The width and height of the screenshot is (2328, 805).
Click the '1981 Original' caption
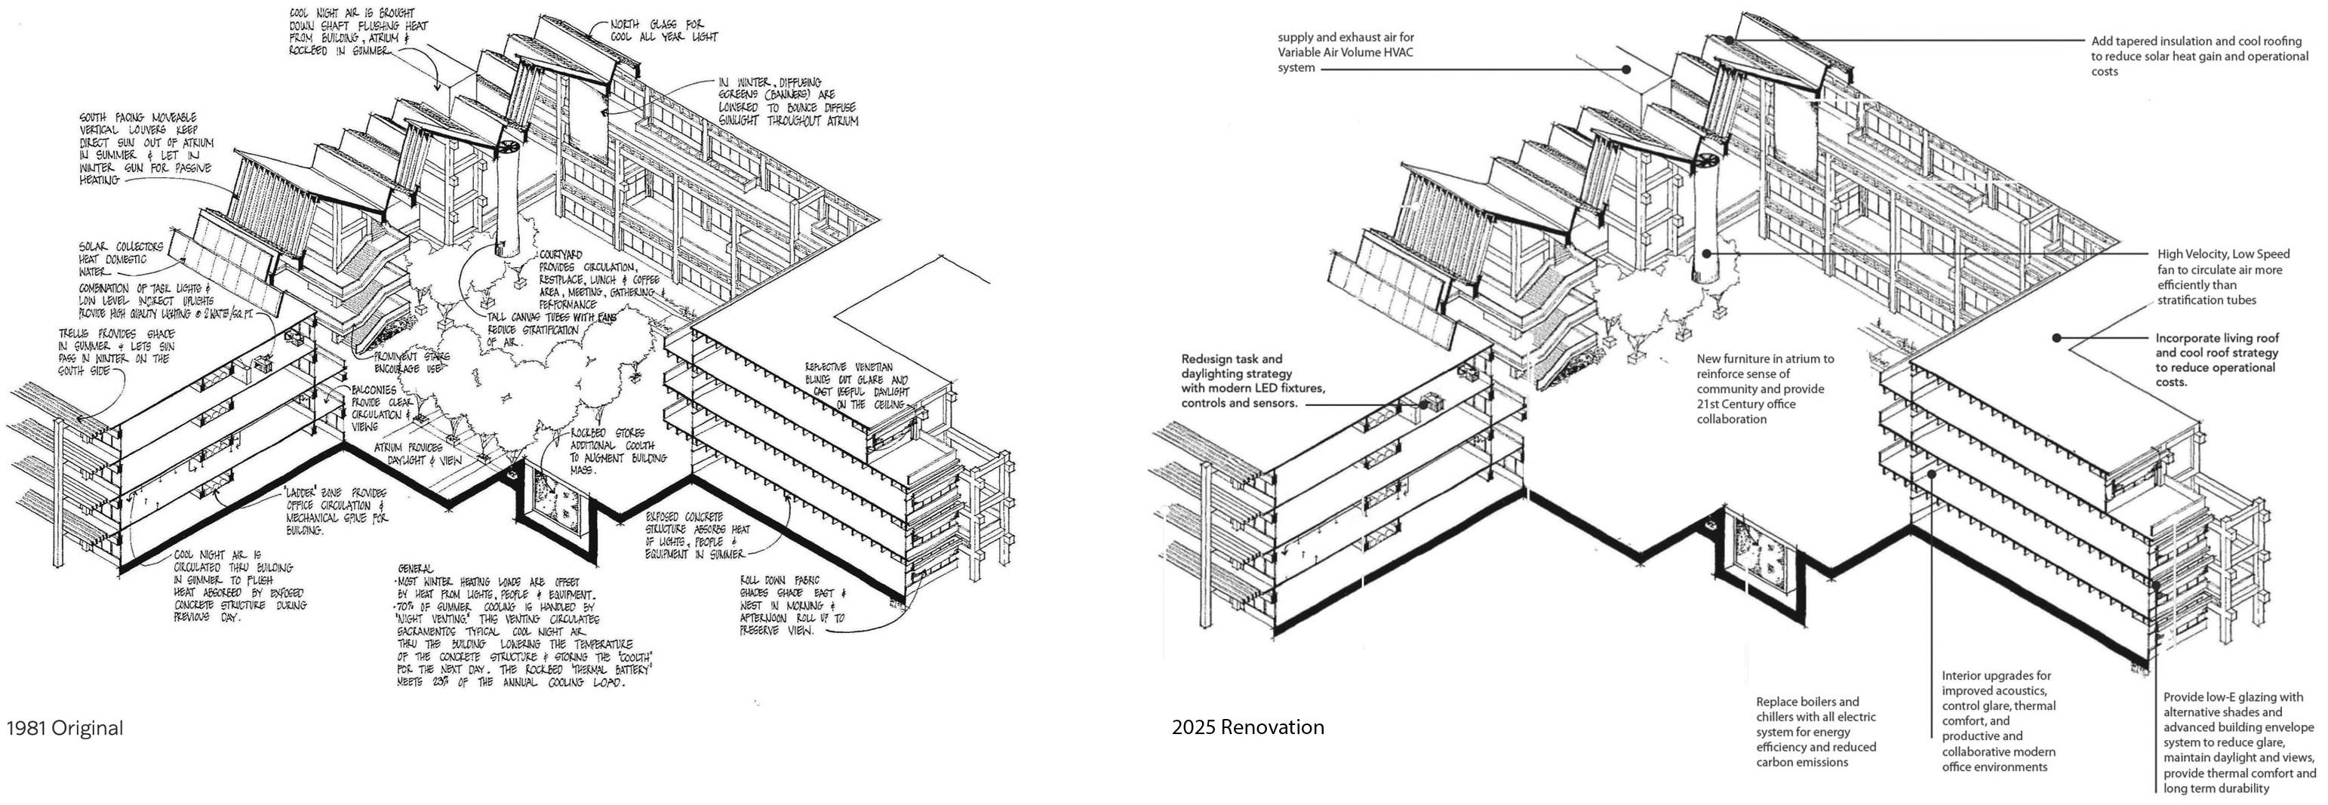click(64, 728)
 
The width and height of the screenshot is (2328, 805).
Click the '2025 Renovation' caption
click(1247, 727)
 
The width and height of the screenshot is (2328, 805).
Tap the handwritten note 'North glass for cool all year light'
click(663, 31)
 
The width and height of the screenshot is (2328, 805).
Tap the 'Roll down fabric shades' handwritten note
click(792, 605)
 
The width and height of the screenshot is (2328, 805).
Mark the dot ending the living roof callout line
click(2056, 338)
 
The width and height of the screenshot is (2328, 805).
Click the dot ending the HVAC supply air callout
click(1625, 69)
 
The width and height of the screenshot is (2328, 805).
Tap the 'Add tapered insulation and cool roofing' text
click(2199, 56)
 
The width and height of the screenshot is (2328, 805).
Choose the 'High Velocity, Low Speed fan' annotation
click(2223, 278)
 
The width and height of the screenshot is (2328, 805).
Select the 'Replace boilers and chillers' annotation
click(1816, 732)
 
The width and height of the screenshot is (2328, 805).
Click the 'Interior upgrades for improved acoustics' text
click(1998, 721)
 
